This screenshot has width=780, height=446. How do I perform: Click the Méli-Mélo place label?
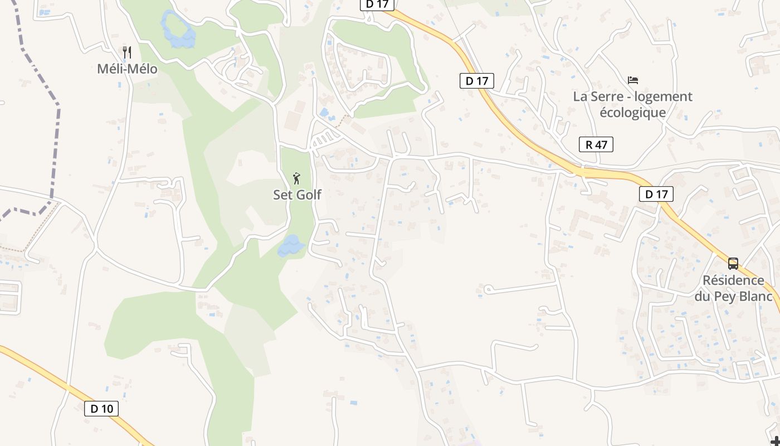point(127,69)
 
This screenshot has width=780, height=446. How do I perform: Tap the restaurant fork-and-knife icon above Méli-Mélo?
point(127,52)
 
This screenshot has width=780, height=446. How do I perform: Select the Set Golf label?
point(297,195)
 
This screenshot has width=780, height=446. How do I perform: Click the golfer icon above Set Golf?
point(296,178)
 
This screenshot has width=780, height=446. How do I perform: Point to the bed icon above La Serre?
point(632,80)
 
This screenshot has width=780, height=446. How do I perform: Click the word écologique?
point(632,112)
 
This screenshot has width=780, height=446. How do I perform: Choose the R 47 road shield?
point(596,145)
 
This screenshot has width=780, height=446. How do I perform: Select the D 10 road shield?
point(101,409)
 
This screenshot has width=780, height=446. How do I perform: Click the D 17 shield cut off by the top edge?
point(377,4)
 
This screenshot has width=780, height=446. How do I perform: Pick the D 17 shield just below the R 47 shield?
point(656,194)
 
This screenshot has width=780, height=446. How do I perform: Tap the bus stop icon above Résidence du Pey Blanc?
point(733,263)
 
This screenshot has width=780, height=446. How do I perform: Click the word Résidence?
point(733,280)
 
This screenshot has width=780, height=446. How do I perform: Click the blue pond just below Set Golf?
point(291,245)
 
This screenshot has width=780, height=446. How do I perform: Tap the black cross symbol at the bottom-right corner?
point(775,441)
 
